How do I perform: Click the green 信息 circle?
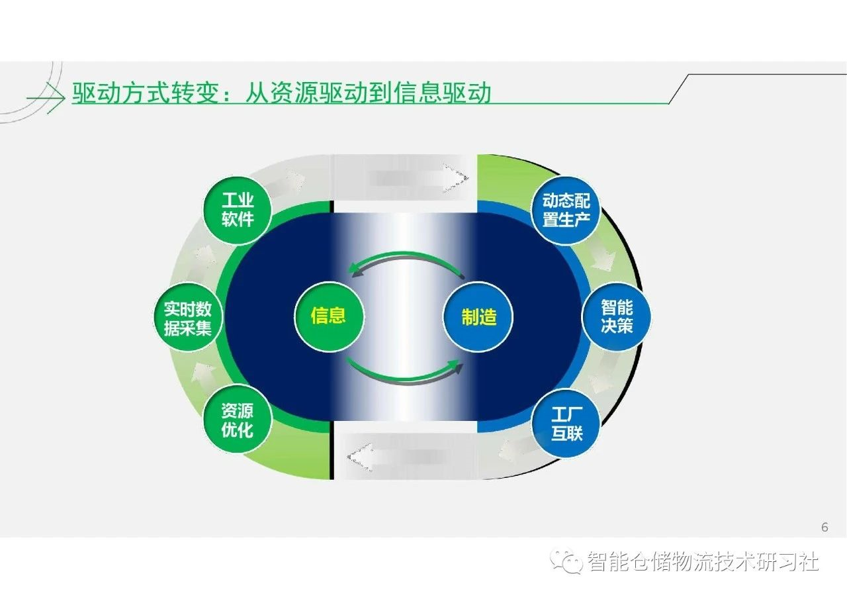329,317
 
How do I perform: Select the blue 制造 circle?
478,317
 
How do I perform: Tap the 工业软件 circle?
238,210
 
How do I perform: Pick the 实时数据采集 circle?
187,317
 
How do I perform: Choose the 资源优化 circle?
238,420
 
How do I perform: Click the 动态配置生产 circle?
566,210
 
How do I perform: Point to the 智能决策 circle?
616,317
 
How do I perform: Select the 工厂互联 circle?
566,424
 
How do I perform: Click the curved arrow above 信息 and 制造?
406,258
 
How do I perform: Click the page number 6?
825,528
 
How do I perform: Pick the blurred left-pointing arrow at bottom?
397,457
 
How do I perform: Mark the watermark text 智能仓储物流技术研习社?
703,561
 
